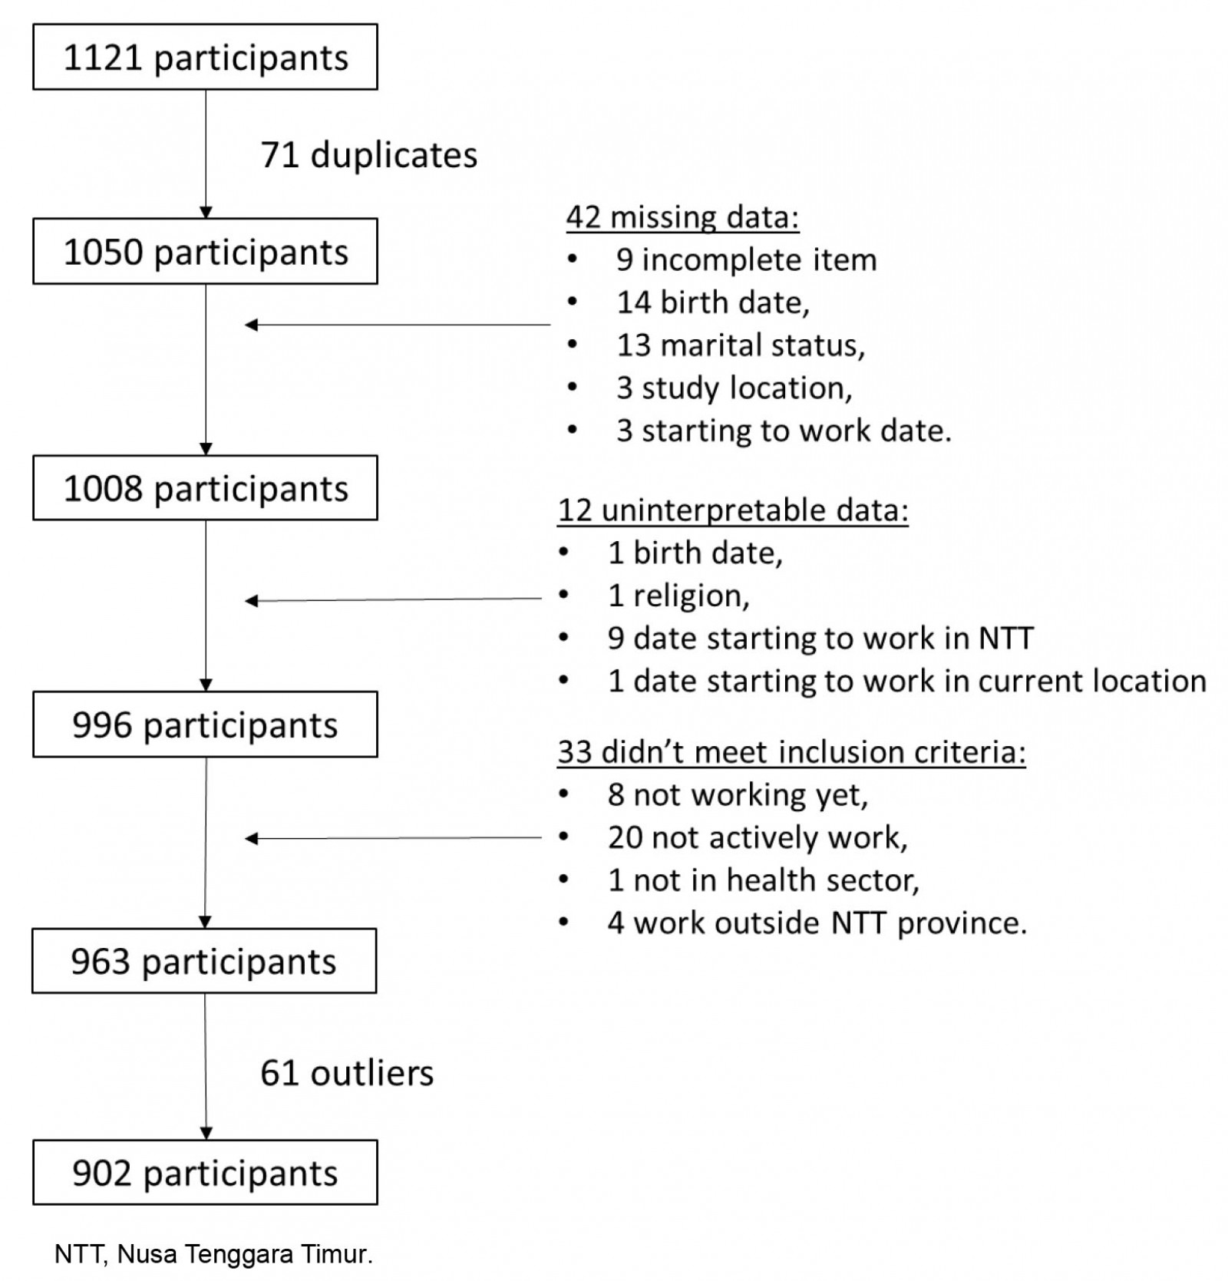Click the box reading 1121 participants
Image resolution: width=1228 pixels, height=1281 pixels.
tap(205, 58)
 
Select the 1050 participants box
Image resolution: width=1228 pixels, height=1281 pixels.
tap(205, 252)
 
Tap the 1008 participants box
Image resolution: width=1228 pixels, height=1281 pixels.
tap(205, 488)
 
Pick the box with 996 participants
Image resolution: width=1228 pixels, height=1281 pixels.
tap(205, 725)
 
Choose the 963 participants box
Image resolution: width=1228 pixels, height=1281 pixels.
tap(204, 961)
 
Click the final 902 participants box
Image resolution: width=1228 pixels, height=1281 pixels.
tap(205, 1172)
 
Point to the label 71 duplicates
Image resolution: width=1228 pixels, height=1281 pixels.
tap(368, 155)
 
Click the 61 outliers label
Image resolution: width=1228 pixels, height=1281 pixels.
tap(347, 1072)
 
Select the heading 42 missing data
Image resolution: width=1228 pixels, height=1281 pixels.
tap(682, 217)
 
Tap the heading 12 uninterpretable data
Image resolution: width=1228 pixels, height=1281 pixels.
tap(733, 510)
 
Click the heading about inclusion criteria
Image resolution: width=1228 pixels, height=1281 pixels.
tap(791, 751)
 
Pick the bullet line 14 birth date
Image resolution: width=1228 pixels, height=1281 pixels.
tap(713, 302)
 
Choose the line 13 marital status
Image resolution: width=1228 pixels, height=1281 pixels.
tap(741, 345)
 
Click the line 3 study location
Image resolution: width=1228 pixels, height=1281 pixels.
tap(734, 388)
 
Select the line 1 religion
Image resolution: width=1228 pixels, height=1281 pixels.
tap(678, 596)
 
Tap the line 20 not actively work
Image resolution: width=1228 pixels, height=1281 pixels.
tap(758, 837)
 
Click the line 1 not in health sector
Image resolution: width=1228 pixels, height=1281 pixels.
tap(763, 880)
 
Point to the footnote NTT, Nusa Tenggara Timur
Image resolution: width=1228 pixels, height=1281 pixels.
tap(213, 1253)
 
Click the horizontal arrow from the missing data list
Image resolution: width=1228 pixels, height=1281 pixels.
tap(398, 325)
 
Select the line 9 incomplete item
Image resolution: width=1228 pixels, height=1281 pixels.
tap(746, 260)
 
